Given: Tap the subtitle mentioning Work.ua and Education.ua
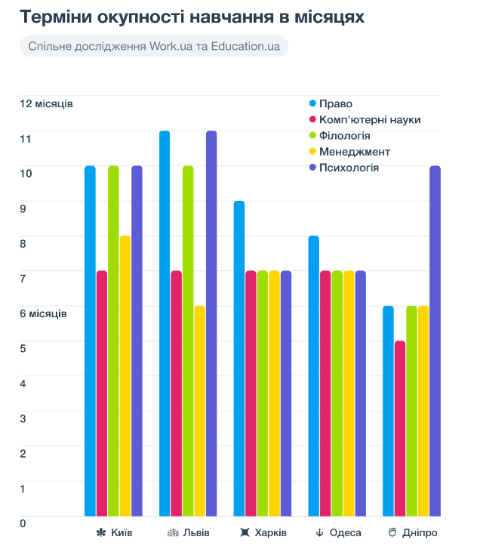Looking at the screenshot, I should [x=154, y=46].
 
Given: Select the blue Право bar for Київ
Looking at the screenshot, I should [x=90, y=340].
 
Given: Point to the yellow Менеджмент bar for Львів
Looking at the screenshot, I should [x=200, y=411].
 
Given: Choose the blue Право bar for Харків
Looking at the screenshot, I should [x=239, y=358].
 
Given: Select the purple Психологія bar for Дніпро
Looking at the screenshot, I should [x=435, y=340].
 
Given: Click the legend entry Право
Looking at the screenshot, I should [x=335, y=103].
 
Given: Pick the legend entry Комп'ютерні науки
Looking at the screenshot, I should [x=369, y=119].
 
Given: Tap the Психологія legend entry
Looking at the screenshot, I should [x=349, y=168].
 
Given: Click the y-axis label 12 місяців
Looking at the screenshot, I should [x=46, y=103].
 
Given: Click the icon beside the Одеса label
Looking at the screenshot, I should [x=320, y=533].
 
